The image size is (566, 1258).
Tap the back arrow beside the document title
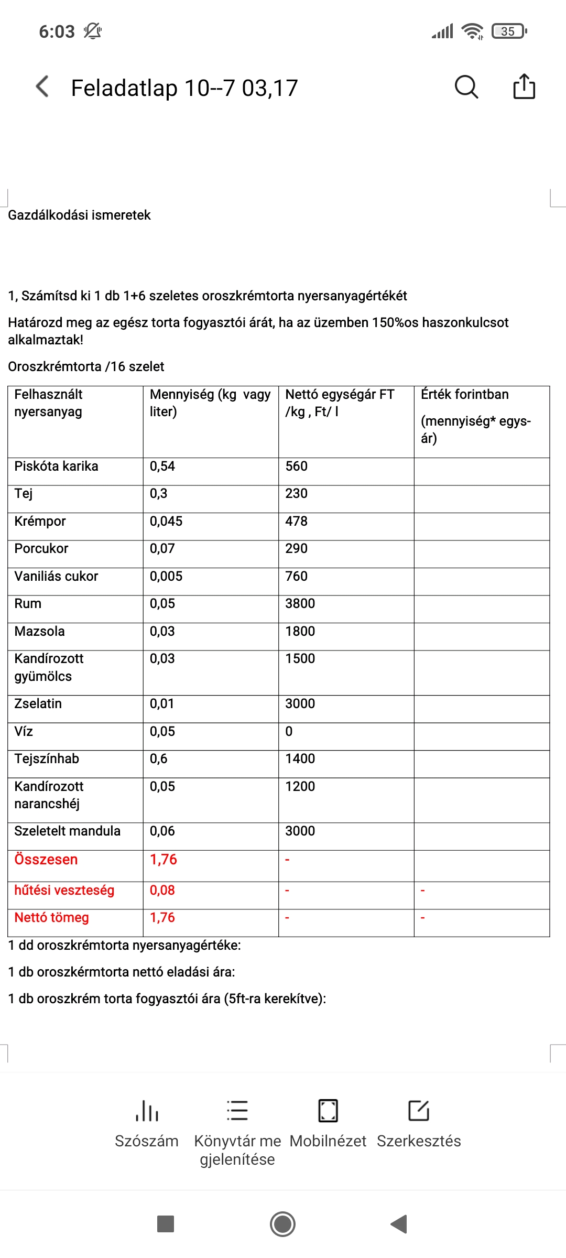[x=42, y=86]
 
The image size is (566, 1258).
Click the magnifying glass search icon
[x=466, y=86]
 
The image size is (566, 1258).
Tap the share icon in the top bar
[x=524, y=86]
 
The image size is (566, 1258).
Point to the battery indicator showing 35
[x=509, y=31]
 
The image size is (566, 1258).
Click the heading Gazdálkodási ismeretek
[x=79, y=215]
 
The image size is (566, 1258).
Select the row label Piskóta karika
[x=56, y=466]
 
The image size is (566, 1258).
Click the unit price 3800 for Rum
[x=300, y=603]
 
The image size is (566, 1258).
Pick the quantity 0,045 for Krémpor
[x=166, y=521]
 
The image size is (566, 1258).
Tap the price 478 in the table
[x=296, y=521]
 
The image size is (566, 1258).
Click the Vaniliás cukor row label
[x=56, y=576]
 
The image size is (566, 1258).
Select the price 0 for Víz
[x=289, y=731]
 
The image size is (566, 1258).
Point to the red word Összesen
[x=46, y=860]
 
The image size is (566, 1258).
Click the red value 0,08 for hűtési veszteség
[x=162, y=890]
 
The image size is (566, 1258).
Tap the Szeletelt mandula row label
[x=67, y=831]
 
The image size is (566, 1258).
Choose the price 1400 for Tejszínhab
[x=300, y=758]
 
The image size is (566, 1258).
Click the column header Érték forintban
[x=464, y=394]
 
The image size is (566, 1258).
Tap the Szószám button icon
[x=147, y=1111]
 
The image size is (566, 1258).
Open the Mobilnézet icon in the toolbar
[x=328, y=1111]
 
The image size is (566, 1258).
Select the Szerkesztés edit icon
[x=419, y=1111]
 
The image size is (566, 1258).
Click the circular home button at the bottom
[x=282, y=1224]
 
